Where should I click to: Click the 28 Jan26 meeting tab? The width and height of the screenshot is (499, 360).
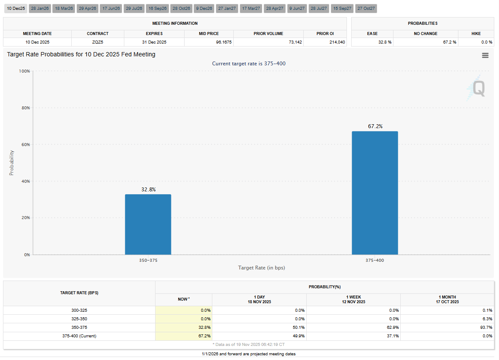click(40, 9)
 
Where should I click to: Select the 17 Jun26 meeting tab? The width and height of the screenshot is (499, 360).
click(111, 9)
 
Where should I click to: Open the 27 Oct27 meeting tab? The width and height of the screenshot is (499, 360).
click(366, 9)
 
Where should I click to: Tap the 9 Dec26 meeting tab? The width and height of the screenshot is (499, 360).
click(204, 9)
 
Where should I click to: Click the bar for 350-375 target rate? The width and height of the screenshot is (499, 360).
click(148, 225)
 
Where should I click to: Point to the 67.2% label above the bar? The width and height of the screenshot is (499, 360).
click(375, 126)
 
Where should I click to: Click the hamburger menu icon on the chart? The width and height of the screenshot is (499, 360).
click(485, 56)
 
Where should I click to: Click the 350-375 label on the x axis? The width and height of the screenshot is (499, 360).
click(148, 260)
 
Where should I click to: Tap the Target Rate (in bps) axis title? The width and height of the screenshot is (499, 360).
click(261, 268)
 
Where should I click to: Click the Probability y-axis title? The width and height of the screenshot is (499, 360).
click(12, 163)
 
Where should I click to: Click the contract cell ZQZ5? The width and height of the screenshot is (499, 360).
click(97, 42)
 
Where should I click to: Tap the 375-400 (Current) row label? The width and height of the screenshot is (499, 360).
click(79, 336)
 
